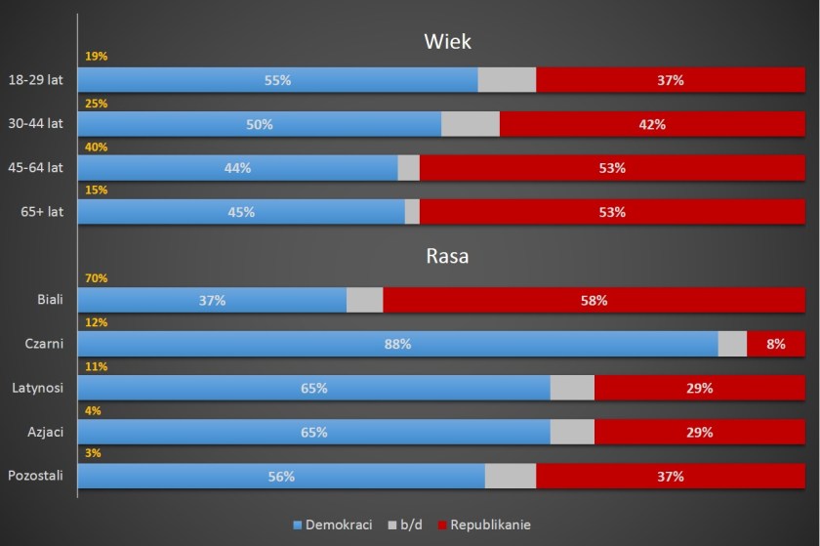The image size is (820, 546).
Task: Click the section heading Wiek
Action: (x=447, y=41)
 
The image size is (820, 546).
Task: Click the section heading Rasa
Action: (x=447, y=257)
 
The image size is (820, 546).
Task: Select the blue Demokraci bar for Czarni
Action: (x=397, y=344)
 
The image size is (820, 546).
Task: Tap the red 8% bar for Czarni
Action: (x=775, y=344)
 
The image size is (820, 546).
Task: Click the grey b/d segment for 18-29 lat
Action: (x=507, y=80)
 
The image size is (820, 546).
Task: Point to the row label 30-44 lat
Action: (x=35, y=124)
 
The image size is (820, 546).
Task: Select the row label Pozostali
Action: (x=35, y=476)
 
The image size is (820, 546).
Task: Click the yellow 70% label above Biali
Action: (x=96, y=278)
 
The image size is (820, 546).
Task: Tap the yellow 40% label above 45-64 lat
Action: (x=96, y=147)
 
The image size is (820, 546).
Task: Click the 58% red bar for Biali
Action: (x=594, y=300)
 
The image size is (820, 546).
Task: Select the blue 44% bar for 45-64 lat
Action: (x=237, y=168)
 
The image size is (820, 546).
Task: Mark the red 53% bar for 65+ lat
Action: (x=612, y=212)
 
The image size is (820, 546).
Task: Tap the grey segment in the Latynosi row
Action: (x=572, y=388)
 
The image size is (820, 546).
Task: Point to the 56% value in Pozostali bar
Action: (x=281, y=477)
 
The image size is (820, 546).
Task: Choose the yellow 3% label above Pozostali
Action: (x=93, y=453)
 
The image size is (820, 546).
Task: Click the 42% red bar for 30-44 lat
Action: (x=651, y=124)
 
